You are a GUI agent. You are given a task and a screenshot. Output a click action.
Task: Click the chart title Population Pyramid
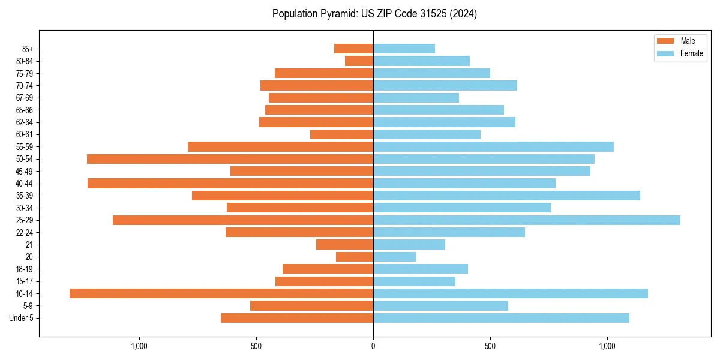click(x=374, y=14)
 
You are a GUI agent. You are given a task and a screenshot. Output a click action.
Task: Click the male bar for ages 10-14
click(x=221, y=293)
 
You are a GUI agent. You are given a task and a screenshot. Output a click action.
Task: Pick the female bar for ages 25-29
click(x=527, y=220)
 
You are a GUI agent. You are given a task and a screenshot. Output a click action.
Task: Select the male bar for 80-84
click(x=359, y=61)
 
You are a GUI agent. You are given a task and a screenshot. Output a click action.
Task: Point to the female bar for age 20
click(x=394, y=257)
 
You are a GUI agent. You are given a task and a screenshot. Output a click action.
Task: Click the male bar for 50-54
click(x=230, y=159)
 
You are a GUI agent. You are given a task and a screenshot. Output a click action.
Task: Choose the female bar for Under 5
click(x=501, y=318)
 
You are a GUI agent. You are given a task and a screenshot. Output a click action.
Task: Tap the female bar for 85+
click(x=404, y=49)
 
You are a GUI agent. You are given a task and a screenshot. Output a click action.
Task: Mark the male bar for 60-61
click(x=341, y=134)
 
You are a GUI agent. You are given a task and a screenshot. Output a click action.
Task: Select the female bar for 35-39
click(x=506, y=196)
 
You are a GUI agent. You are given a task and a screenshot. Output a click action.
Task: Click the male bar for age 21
click(x=344, y=245)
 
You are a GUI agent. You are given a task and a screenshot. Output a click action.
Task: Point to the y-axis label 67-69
click(x=24, y=98)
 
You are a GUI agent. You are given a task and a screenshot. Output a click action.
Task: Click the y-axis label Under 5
click(x=21, y=318)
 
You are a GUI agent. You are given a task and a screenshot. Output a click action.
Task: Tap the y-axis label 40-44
click(x=24, y=184)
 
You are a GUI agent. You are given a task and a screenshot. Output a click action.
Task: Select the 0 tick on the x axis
click(x=373, y=346)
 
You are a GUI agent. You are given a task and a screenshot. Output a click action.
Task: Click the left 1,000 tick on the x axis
click(x=139, y=346)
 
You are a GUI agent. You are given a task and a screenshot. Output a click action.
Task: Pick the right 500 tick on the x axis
click(x=490, y=346)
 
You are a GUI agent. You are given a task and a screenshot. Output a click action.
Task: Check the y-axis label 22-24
click(x=24, y=232)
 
